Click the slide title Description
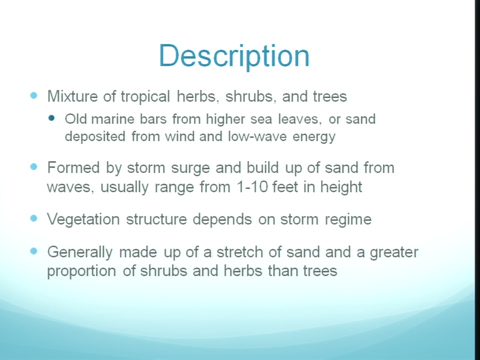(x=234, y=56)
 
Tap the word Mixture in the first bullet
(x=72, y=96)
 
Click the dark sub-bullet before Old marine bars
(x=51, y=118)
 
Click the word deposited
(x=95, y=136)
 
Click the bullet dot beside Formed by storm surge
(x=33, y=166)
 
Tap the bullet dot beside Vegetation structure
(x=33, y=218)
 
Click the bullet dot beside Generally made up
(x=33, y=251)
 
